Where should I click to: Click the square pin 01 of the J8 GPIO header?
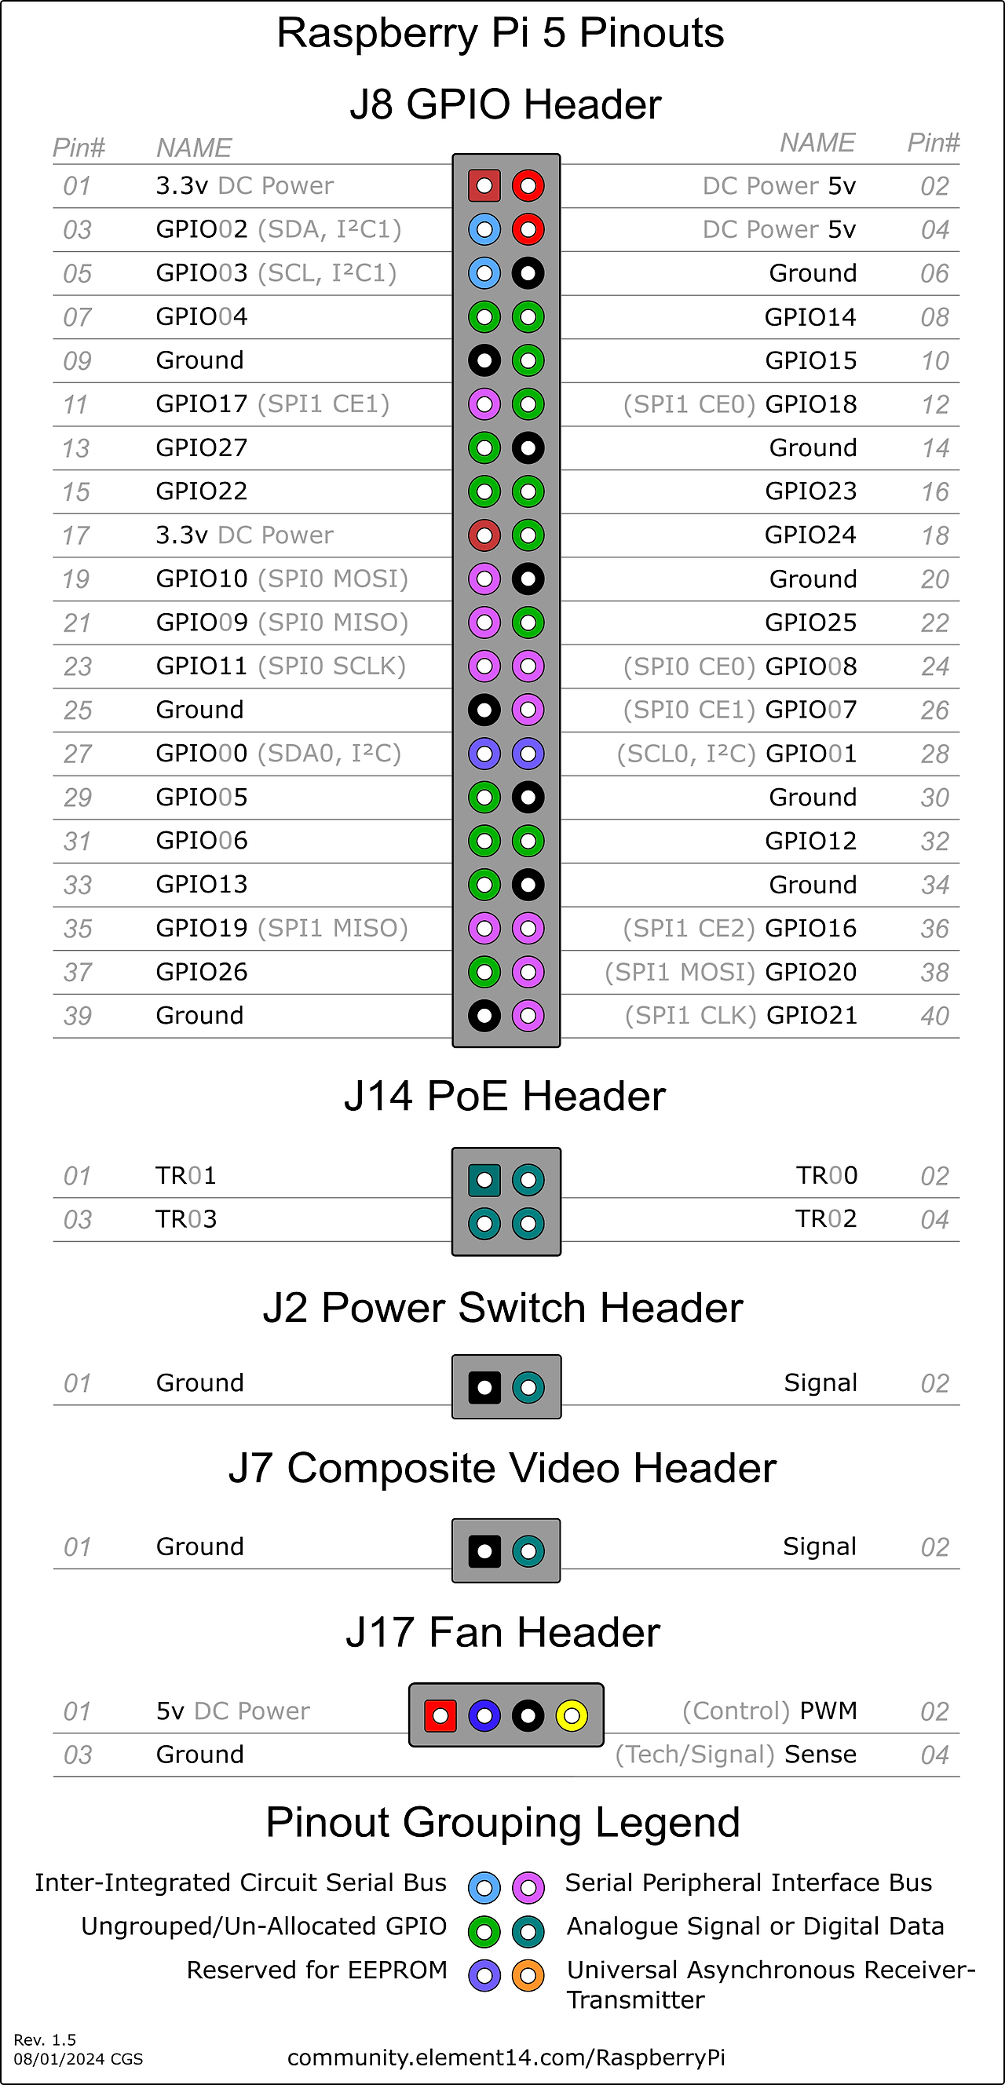484,186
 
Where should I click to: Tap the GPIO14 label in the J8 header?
809,317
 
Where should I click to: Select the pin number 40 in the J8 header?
934,1016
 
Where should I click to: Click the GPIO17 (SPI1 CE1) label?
272,403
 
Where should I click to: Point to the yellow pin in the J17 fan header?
572,1715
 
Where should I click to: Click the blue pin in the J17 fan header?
484,1715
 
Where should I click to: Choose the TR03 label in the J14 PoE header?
186,1219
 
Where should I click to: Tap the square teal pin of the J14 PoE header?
484,1180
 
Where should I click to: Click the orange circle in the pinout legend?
528,1976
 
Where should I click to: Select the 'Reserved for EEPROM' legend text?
316,1970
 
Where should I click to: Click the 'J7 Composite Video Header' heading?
502,1468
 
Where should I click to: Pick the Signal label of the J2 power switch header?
820,1382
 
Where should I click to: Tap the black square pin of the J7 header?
484,1551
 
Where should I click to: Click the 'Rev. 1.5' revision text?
45,2039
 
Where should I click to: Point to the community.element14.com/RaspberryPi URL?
506,2058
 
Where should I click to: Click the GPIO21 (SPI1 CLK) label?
740,1015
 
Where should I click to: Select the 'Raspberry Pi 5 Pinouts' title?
500,33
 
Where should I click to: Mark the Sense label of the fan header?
820,1754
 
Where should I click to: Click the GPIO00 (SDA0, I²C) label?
278,754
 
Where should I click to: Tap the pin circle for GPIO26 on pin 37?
484,971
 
